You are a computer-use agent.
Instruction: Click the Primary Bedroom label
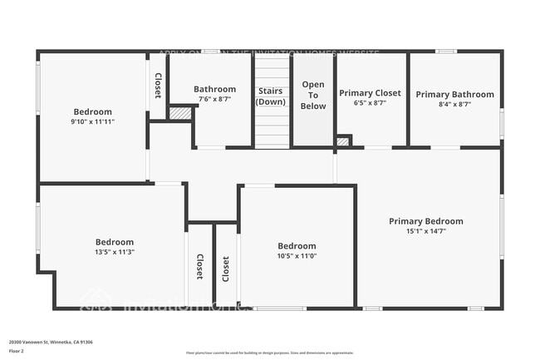click(426, 221)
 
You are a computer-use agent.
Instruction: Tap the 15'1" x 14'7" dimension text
click(426, 232)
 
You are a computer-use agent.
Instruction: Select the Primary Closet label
click(371, 93)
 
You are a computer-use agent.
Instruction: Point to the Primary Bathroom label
click(454, 94)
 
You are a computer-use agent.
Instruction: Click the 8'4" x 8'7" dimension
click(454, 105)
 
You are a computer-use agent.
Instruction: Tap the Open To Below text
click(313, 96)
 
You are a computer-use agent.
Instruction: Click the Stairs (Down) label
click(271, 96)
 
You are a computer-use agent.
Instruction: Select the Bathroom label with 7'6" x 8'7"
click(214, 89)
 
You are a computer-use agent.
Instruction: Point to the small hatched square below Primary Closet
click(343, 141)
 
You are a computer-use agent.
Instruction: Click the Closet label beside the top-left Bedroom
click(158, 86)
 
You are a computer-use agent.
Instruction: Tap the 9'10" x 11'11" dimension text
click(92, 121)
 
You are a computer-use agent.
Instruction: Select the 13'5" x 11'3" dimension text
click(115, 252)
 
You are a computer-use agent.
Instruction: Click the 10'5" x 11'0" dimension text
click(297, 256)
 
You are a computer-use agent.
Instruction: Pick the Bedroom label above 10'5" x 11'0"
click(297, 246)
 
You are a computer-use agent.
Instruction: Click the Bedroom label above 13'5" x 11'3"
click(115, 242)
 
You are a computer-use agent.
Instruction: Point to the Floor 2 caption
click(17, 352)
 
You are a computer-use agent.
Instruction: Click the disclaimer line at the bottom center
click(269, 353)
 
